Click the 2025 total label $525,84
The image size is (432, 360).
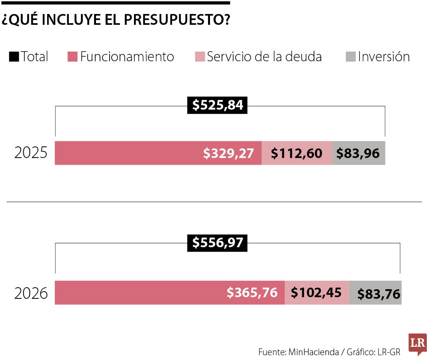pyautogui.click(x=217, y=105)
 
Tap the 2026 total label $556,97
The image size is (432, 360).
pyautogui.click(x=217, y=242)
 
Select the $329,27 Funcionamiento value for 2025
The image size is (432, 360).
pyautogui.click(x=228, y=153)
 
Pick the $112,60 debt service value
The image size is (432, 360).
pyautogui.click(x=296, y=153)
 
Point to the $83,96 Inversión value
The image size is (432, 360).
pyautogui.click(x=358, y=153)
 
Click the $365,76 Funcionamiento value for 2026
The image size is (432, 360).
pyautogui.click(x=252, y=292)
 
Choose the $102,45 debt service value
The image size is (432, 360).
pyautogui.click(x=316, y=292)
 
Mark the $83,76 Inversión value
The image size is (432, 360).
pyautogui.click(x=378, y=294)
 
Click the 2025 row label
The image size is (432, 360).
pyautogui.click(x=31, y=153)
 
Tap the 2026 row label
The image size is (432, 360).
pyautogui.click(x=31, y=294)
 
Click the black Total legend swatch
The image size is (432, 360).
pyautogui.click(x=14, y=57)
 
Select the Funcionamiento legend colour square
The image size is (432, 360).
pyautogui.click(x=72, y=57)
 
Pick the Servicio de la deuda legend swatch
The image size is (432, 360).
pyautogui.click(x=200, y=57)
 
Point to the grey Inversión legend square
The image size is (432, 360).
pyautogui.click(x=350, y=57)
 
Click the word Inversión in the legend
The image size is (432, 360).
pyautogui.click(x=384, y=57)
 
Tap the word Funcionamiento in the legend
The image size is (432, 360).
pyautogui.click(x=127, y=57)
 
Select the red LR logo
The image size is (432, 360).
pyautogui.click(x=417, y=344)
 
